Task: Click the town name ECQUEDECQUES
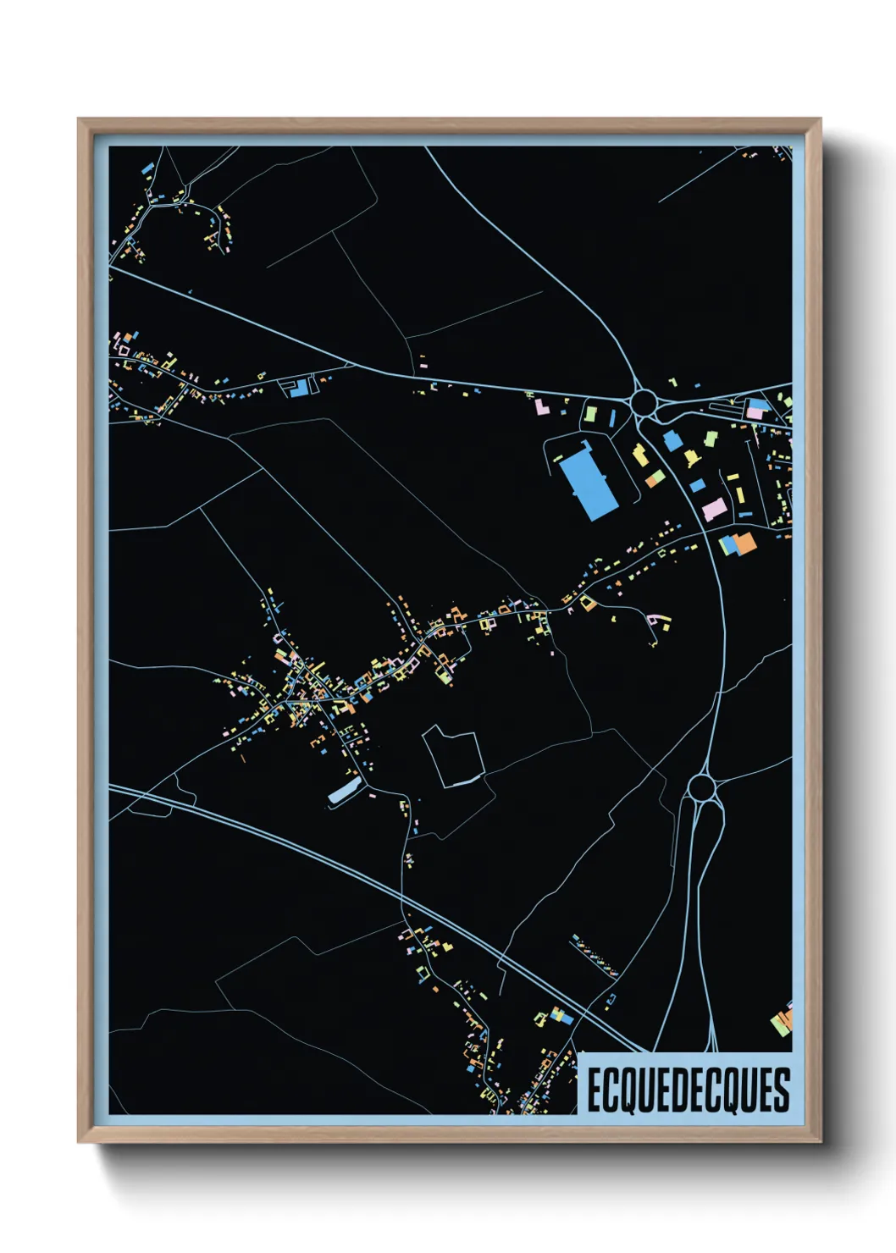[688, 1090]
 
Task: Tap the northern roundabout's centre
[644, 400]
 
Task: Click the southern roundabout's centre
[700, 788]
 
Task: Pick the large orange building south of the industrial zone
[744, 544]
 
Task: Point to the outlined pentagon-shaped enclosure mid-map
[454, 755]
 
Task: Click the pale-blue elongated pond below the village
[344, 791]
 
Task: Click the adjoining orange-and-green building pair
[653, 479]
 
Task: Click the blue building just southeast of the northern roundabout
[672, 440]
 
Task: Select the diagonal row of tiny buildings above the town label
[595, 955]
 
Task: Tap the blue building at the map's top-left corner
[147, 168]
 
